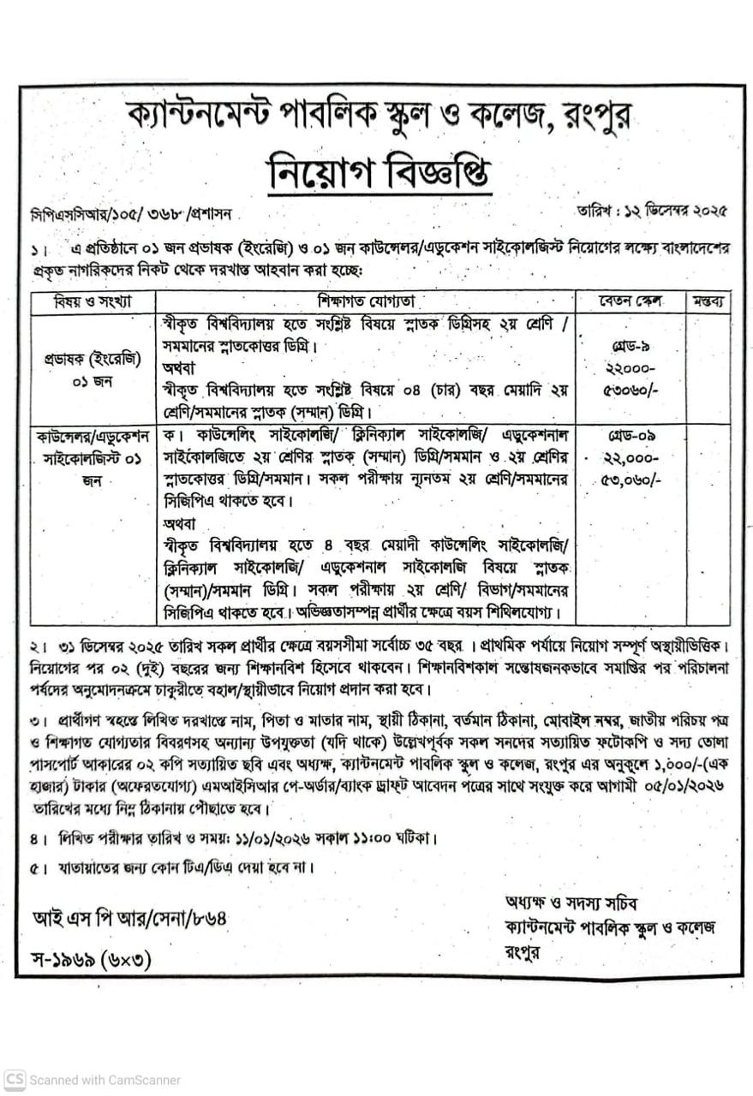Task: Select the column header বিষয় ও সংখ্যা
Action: pyautogui.click(x=93, y=302)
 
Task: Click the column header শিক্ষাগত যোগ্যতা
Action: pyautogui.click(x=378, y=302)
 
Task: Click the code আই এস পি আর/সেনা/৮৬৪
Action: pyautogui.click(x=131, y=919)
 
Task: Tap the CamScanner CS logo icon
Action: pyautogui.click(x=15, y=1080)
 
